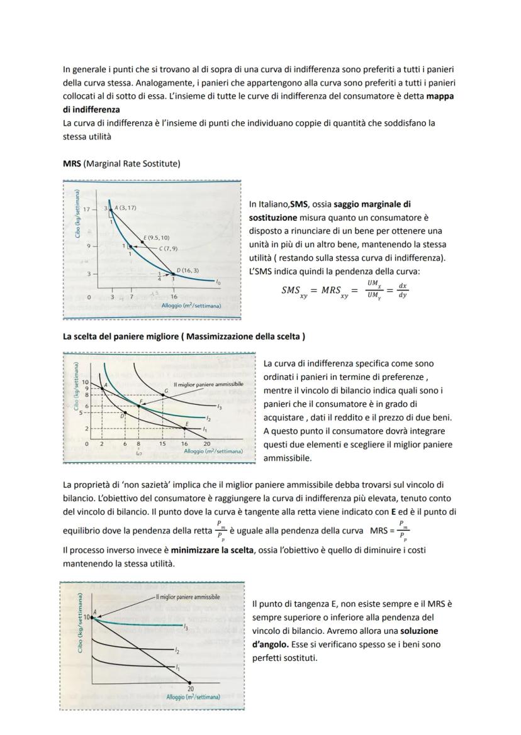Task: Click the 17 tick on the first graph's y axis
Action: [x=87, y=208]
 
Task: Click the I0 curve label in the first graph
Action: [x=218, y=283]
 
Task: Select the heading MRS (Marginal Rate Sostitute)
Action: [x=121, y=163]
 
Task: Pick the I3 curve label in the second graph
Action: [x=219, y=406]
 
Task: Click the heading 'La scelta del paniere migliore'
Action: [x=184, y=336]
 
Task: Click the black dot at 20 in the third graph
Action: [x=189, y=683]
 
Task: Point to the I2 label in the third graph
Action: [x=177, y=651]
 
